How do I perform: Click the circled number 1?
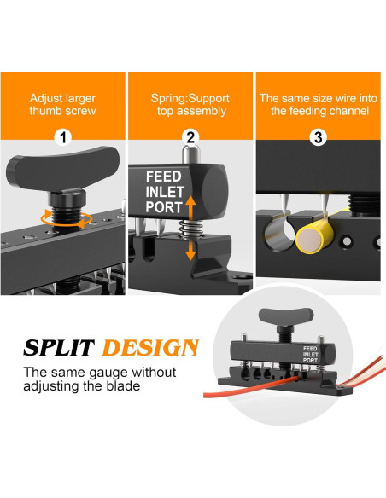click(x=63, y=138)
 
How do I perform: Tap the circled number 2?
click(x=190, y=138)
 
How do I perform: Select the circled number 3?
click(x=318, y=138)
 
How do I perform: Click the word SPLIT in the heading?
click(x=59, y=347)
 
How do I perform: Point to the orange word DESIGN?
click(x=150, y=347)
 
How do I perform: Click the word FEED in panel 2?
click(x=163, y=177)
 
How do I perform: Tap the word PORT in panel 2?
click(x=164, y=207)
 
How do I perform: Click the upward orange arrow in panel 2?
click(x=190, y=208)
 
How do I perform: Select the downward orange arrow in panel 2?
click(x=190, y=249)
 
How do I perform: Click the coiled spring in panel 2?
click(x=190, y=229)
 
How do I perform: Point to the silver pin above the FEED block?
click(x=190, y=153)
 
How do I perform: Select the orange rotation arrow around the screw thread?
click(x=67, y=219)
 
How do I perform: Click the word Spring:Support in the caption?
click(x=190, y=98)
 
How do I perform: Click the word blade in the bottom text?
click(x=124, y=386)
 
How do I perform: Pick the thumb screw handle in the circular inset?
click(x=286, y=316)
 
